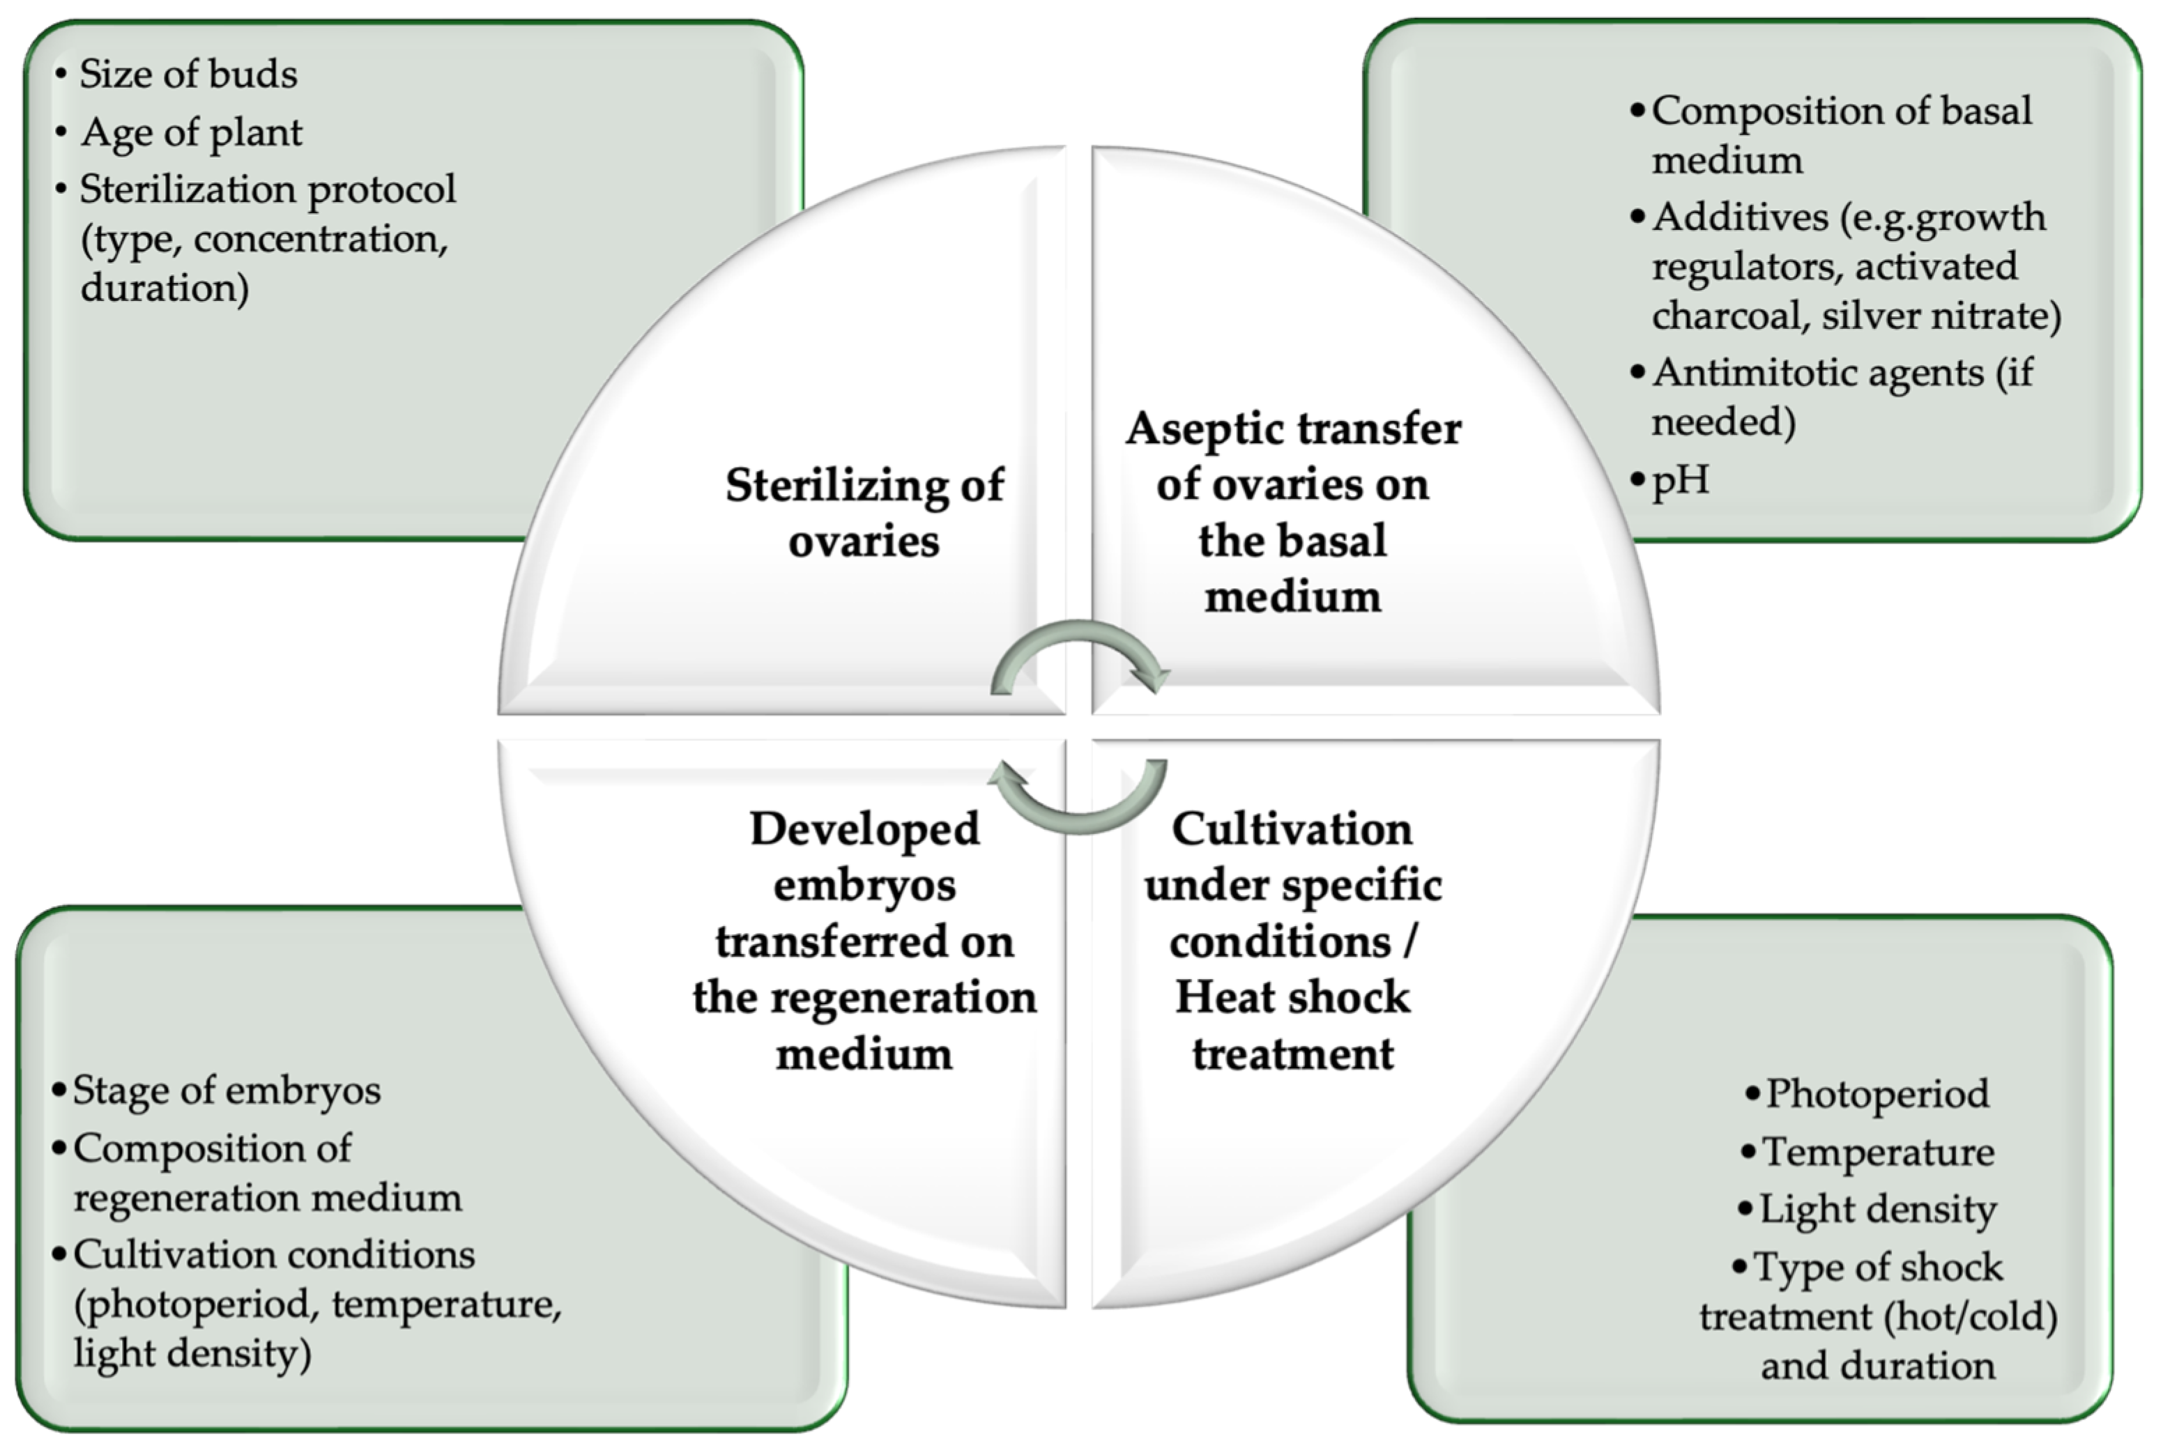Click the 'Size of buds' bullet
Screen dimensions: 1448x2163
tap(188, 74)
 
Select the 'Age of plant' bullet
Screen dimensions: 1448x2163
tap(191, 133)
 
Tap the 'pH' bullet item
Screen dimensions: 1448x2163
tap(1679, 480)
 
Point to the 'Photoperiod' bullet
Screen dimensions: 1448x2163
tap(1877, 1093)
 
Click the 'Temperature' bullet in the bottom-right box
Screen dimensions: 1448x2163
tap(1878, 1152)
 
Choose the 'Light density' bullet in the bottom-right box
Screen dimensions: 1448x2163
tap(1877, 1209)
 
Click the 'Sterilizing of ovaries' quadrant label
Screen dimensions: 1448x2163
tap(864, 513)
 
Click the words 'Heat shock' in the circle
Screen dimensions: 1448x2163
tap(1292, 997)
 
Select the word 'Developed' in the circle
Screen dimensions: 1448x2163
tap(864, 829)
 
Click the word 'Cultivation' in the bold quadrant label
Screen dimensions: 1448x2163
tap(1292, 829)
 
